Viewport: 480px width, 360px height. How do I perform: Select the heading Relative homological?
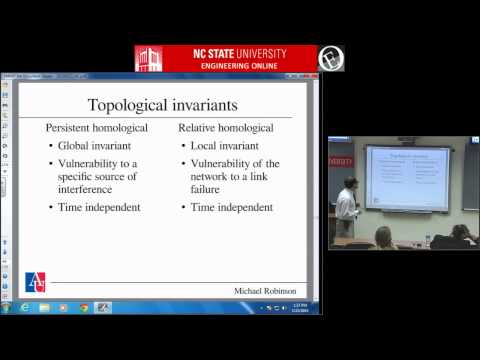pyautogui.click(x=228, y=129)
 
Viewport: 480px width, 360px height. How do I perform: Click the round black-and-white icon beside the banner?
pyautogui.click(x=331, y=58)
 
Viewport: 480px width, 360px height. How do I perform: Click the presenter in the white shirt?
pyautogui.click(x=345, y=205)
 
